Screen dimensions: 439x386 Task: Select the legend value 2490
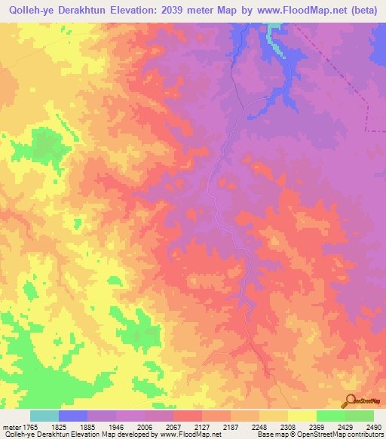pyautogui.click(x=373, y=426)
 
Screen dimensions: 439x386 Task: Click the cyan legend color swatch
pyautogui.click(x=44, y=416)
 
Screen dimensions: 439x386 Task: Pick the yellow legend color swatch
pyautogui.click(x=302, y=416)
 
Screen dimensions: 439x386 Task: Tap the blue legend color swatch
pyautogui.click(x=73, y=416)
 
